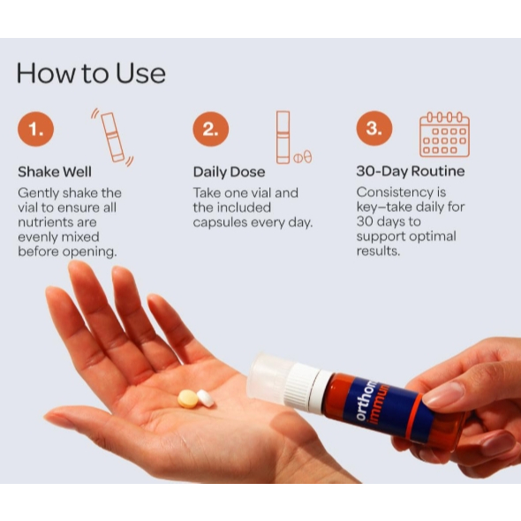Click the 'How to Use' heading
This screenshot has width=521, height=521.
91,72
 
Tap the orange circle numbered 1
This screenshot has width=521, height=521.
35,129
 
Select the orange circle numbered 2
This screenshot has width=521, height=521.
211,129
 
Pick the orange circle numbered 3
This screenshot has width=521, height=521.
374,128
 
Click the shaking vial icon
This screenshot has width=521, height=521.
113,137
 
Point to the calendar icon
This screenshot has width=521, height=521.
444,134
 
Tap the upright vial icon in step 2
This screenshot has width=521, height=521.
283,137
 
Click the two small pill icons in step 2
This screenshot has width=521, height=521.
303,157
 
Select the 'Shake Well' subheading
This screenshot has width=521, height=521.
55,172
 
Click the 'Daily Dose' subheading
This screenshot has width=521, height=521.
230,172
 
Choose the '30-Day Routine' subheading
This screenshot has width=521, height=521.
411,171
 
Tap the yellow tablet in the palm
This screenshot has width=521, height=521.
188,398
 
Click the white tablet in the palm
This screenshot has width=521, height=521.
206,398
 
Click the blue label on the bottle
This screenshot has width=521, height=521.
382,409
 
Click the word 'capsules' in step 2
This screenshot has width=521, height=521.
220,223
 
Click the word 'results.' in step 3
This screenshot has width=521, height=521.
378,251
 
